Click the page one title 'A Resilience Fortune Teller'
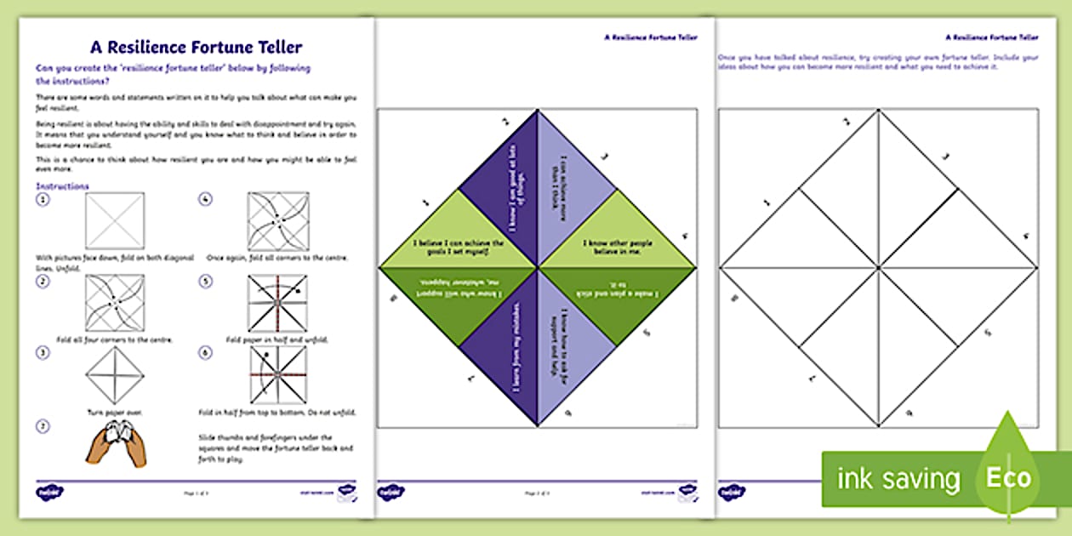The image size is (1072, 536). click(197, 48)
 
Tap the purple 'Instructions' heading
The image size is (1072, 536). click(62, 186)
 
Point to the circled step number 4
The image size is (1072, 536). click(205, 199)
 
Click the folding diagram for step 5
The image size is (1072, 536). click(278, 303)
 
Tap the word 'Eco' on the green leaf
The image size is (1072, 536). click(1008, 477)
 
